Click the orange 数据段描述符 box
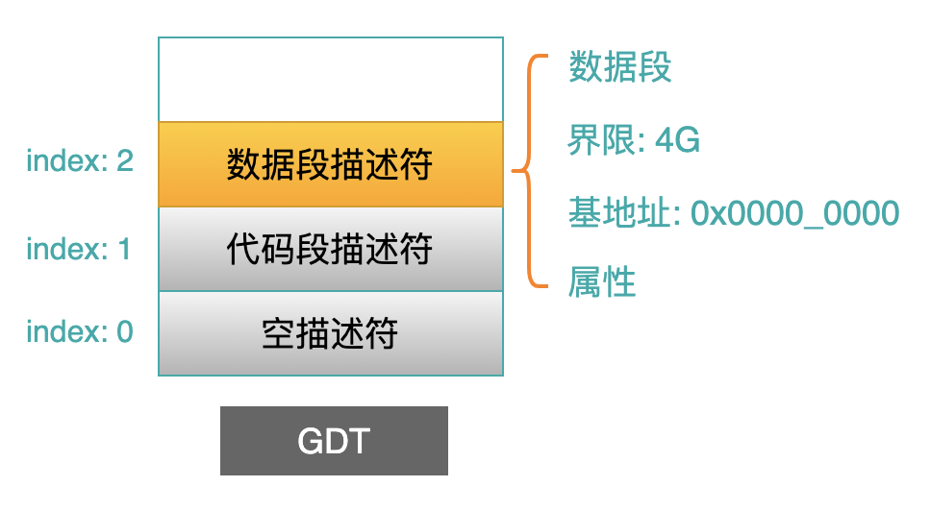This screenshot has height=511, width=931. pyautogui.click(x=331, y=164)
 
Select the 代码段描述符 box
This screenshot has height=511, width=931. pyautogui.click(x=331, y=249)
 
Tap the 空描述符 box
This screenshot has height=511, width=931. pyautogui.click(x=331, y=333)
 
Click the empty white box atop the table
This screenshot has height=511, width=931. pyautogui.click(x=331, y=80)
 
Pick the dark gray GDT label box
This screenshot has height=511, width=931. pyautogui.click(x=334, y=441)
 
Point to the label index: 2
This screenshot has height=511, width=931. pyautogui.click(x=80, y=160)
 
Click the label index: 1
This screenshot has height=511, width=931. pyautogui.click(x=78, y=249)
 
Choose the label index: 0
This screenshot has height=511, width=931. pyautogui.click(x=80, y=331)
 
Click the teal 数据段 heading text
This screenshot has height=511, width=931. pyautogui.click(x=620, y=66)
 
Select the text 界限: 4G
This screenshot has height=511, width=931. pyautogui.click(x=634, y=140)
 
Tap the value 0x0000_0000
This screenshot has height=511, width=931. pyautogui.click(x=795, y=213)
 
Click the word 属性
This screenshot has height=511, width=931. pyautogui.click(x=602, y=282)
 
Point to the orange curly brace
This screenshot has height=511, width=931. pyautogui.click(x=528, y=171)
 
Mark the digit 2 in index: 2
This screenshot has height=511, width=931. pyautogui.click(x=125, y=160)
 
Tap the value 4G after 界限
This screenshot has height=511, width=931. pyautogui.click(x=677, y=140)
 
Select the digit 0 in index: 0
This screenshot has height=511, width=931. pyautogui.click(x=125, y=331)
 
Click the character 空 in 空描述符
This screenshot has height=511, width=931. pyautogui.click(x=279, y=333)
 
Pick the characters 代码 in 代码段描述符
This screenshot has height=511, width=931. pyautogui.click(x=260, y=249)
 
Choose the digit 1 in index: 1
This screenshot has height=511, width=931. pyautogui.click(x=125, y=249)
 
